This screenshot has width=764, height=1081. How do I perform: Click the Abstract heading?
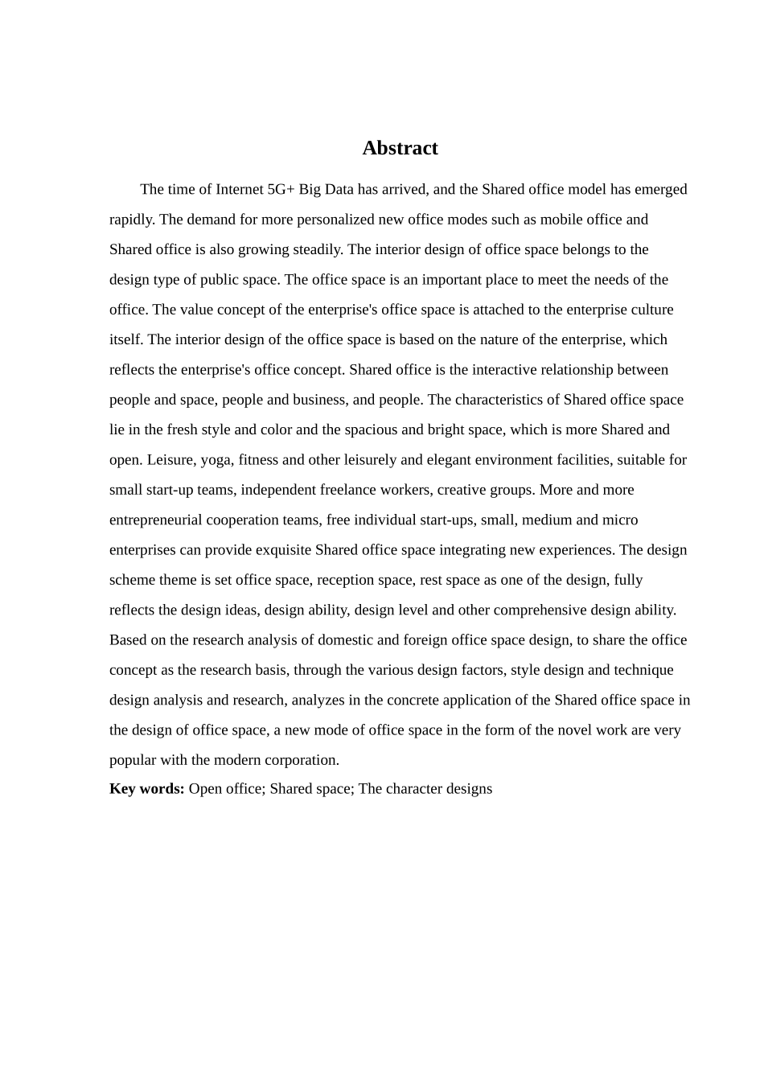(x=400, y=148)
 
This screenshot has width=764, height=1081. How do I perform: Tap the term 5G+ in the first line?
(x=281, y=189)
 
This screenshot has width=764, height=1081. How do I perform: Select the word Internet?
(x=239, y=189)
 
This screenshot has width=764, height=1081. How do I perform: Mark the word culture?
(x=651, y=310)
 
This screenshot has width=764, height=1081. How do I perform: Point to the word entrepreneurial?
(x=156, y=520)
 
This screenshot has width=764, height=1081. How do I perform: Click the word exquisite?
(x=283, y=550)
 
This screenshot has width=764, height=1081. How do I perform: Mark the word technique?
(x=643, y=670)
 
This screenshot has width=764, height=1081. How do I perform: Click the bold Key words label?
(x=147, y=789)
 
